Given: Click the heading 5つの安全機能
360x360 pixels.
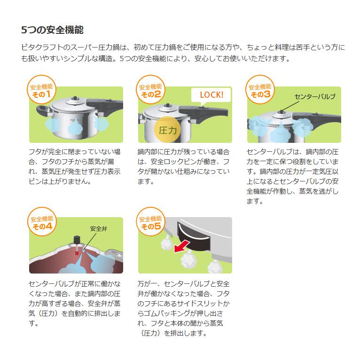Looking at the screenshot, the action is click(x=52, y=30).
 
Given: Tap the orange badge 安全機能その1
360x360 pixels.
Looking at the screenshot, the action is click(x=41, y=90).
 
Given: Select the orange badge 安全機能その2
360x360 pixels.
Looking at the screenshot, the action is click(x=150, y=90).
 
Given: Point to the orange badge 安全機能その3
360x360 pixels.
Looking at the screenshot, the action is click(x=260, y=90).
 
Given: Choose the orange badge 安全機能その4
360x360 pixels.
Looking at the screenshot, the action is click(x=42, y=222).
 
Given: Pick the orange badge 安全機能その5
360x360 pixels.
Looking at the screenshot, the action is click(x=150, y=222).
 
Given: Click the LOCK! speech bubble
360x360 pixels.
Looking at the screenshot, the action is click(x=211, y=95).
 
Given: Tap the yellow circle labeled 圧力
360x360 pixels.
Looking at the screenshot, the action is click(x=168, y=130).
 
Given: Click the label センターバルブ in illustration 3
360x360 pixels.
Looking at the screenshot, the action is click(x=315, y=97).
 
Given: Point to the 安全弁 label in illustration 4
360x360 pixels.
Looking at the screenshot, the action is click(x=99, y=229).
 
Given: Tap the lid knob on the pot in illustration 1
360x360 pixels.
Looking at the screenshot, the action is click(x=75, y=99).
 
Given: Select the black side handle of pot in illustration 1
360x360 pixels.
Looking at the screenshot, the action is click(x=43, y=112).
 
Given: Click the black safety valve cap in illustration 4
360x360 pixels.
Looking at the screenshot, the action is click(x=77, y=240).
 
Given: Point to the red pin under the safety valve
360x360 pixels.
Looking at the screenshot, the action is click(x=77, y=253).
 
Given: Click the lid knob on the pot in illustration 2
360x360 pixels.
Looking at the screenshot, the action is click(x=168, y=105).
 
